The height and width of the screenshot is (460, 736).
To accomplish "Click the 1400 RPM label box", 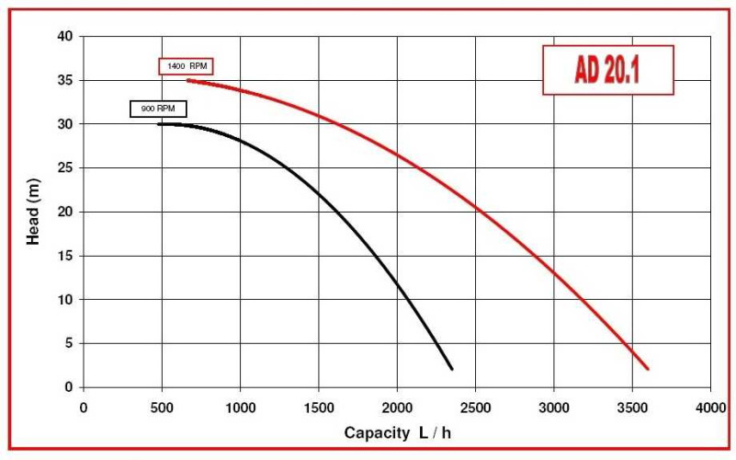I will point(187,66).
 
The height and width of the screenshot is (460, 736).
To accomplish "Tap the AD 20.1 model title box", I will point(607,71).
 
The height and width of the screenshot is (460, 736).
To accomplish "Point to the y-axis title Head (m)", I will point(33,213).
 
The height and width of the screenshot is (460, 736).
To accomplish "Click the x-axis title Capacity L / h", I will point(410,431).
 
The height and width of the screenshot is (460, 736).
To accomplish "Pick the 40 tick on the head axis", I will point(65,37).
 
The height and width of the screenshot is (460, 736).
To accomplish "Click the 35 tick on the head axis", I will point(65,81).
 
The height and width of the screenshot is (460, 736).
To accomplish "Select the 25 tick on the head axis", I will point(65,168).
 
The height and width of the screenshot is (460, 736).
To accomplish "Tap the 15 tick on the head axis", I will point(65,256).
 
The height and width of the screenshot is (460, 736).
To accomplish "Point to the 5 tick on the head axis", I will point(68,343).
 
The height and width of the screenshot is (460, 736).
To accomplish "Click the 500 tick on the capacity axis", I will point(162,407).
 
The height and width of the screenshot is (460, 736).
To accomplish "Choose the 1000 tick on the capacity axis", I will point(240,407).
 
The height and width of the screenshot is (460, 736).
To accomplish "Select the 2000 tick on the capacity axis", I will point(397,407).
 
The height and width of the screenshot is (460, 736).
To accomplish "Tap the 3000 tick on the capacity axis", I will point(553,407).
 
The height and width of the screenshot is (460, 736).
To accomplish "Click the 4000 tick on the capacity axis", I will point(709,407).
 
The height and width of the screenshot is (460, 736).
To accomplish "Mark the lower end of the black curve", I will point(452,369).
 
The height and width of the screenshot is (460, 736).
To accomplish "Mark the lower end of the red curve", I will point(648,369).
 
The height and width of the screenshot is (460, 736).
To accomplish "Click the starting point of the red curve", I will point(187,80).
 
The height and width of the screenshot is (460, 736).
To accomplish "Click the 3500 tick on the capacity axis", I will point(631,407).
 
